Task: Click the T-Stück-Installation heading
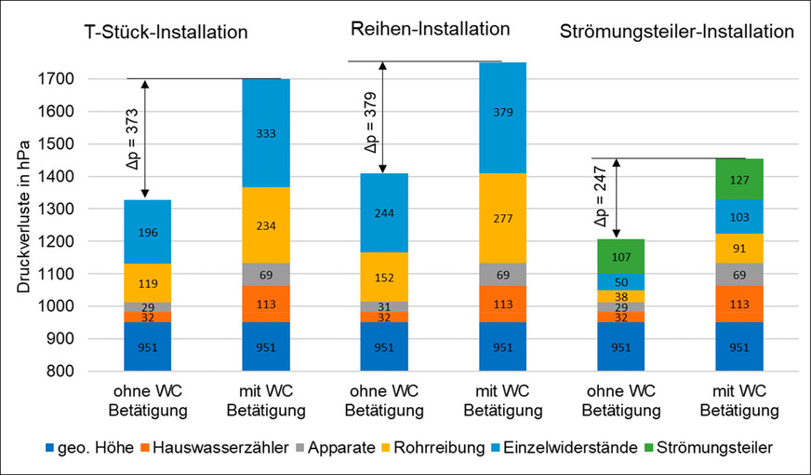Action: [163, 33]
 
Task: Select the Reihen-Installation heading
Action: [430, 29]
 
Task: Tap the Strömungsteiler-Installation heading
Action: [677, 33]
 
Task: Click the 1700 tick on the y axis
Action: [58, 79]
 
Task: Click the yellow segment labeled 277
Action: [502, 218]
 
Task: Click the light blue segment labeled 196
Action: [147, 232]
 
